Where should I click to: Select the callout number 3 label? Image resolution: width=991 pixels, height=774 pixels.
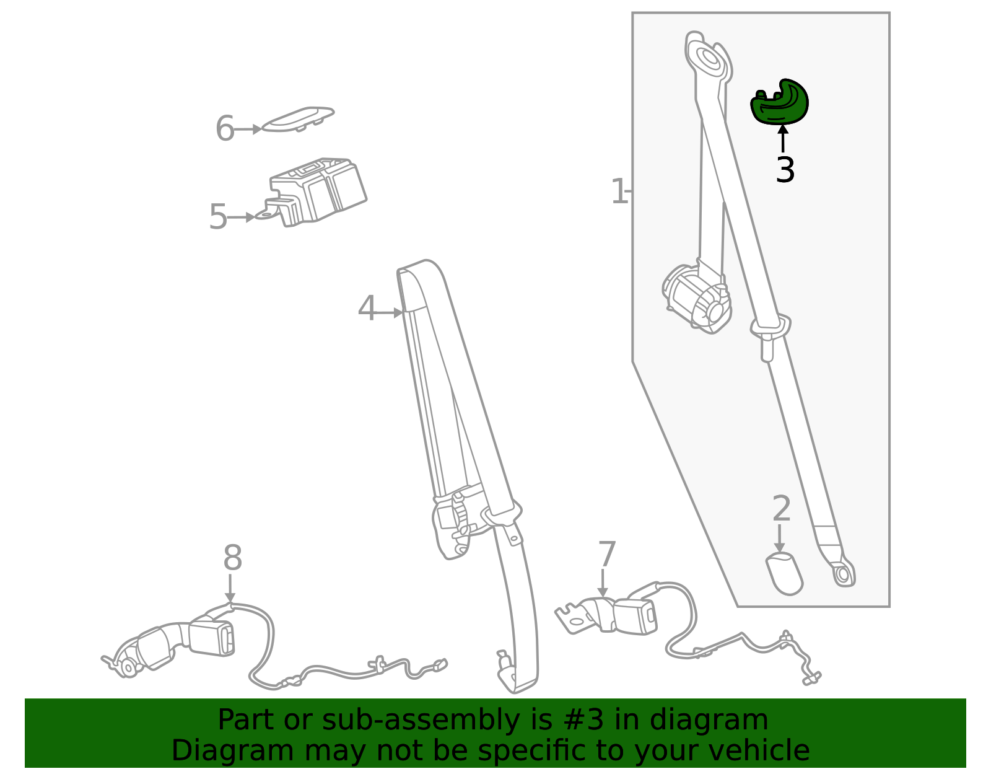[785, 170]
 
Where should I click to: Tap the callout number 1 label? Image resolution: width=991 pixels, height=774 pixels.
[619, 191]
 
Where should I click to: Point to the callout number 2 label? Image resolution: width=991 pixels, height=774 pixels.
[782, 509]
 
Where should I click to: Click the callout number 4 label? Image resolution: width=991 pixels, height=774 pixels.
[367, 308]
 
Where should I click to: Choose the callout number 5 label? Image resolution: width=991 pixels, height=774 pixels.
[218, 217]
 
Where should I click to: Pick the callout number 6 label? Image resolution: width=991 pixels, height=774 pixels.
[225, 128]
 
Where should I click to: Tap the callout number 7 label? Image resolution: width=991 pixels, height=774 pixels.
[607, 554]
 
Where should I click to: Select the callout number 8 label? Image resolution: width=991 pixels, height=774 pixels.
[233, 557]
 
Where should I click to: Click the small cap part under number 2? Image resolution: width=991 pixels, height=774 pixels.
[784, 573]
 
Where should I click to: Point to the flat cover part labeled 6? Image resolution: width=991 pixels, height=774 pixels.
[298, 120]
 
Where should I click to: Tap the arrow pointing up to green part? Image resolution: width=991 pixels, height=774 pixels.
[783, 138]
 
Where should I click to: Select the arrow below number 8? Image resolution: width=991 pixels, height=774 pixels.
[230, 588]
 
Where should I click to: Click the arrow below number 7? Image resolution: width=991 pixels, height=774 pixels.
[603, 583]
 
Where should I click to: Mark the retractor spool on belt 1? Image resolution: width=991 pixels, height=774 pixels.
[697, 299]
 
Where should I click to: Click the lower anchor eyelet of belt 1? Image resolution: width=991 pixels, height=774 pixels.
[843, 575]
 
